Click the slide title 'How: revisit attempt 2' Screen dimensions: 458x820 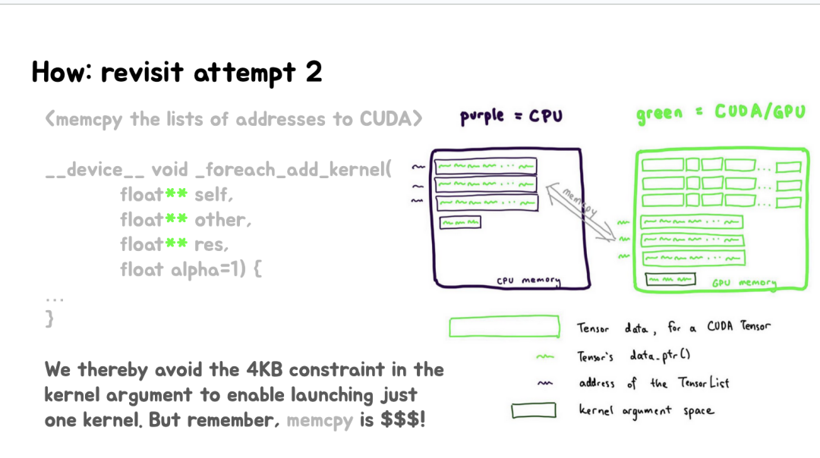[177, 73]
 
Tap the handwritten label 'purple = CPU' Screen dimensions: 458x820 [511, 117]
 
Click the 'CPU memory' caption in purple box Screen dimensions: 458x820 [528, 281]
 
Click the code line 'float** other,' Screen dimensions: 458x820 [185, 220]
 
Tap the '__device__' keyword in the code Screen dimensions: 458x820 [93, 170]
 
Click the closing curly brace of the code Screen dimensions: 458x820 [50, 318]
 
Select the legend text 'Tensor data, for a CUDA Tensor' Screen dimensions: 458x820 [673, 328]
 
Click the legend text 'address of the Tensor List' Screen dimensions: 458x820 [653, 383]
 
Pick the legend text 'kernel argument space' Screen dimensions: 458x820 [646, 411]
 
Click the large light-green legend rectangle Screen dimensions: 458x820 [504, 327]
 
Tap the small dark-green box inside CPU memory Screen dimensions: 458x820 [460, 221]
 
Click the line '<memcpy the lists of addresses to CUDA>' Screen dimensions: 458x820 [233, 119]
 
